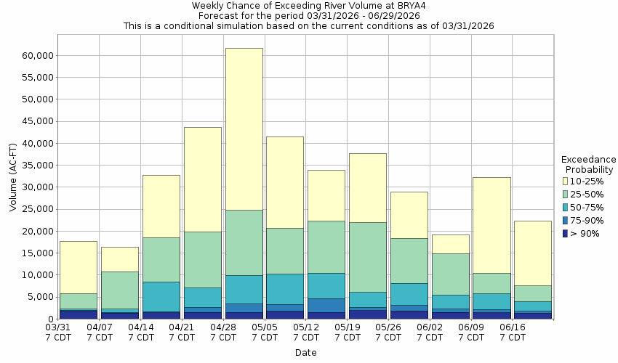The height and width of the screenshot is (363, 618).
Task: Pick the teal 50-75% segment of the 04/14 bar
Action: (x=161, y=296)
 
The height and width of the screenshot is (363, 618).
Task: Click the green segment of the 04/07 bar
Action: (x=119, y=290)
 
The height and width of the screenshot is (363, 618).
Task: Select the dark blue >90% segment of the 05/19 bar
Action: (x=367, y=314)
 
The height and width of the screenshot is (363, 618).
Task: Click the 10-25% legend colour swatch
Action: (x=566, y=181)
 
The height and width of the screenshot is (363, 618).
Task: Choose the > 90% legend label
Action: (x=585, y=234)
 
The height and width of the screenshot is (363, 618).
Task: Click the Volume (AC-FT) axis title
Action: (x=12, y=187)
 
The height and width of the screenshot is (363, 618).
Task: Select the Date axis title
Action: (x=305, y=353)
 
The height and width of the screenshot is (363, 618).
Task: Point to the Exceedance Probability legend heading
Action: (x=588, y=164)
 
